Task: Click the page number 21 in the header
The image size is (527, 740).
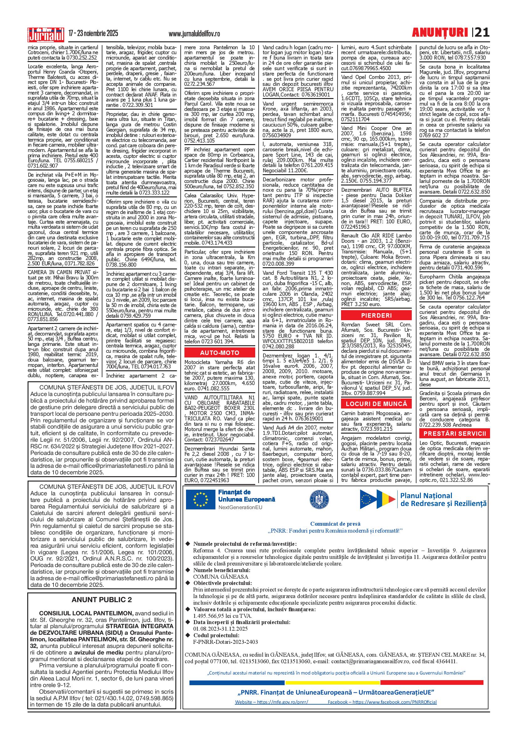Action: tap(482, 33)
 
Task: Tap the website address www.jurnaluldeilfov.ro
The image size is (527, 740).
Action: tap(194, 34)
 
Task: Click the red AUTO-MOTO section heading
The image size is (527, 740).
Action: tap(220, 353)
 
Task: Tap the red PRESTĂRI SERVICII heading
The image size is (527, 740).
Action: tap(454, 434)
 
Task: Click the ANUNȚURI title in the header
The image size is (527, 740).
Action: tap(440, 33)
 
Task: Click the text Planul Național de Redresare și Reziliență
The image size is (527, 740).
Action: tap(444, 499)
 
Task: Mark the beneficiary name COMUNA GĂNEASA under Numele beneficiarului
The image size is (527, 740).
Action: tap(220, 577)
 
